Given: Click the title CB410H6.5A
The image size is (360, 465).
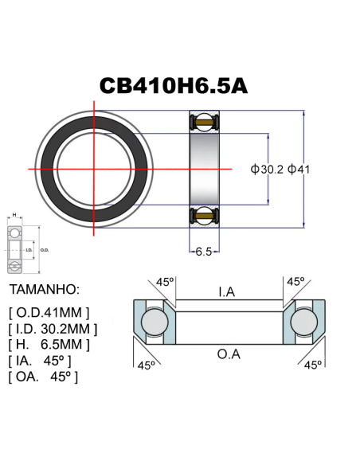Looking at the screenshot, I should (x=174, y=85).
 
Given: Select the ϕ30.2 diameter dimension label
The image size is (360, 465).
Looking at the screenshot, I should (x=266, y=170).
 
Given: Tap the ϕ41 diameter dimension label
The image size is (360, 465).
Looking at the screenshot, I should (x=303, y=170).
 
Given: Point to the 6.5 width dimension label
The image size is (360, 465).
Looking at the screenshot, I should (x=204, y=252).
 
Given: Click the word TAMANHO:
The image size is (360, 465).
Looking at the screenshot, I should (x=45, y=288).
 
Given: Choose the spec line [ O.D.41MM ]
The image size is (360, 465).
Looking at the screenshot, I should (x=49, y=311).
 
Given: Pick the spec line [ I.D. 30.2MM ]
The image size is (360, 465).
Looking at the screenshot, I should (x=53, y=328).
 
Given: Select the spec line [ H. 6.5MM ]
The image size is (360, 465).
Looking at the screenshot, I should (x=49, y=344).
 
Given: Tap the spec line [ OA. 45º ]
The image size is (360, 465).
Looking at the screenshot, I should (x=43, y=376).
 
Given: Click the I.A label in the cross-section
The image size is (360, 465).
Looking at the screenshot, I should (x=227, y=292).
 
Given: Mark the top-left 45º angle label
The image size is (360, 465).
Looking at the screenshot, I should (x=165, y=282).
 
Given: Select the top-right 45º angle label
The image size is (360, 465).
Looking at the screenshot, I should (x=295, y=282).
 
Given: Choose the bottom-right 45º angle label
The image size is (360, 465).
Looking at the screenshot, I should (x=313, y=365).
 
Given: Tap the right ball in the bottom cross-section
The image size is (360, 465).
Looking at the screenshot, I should (x=305, y=322).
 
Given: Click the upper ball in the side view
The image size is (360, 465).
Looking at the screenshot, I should (x=204, y=122).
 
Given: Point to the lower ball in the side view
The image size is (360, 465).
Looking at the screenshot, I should (x=204, y=215).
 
